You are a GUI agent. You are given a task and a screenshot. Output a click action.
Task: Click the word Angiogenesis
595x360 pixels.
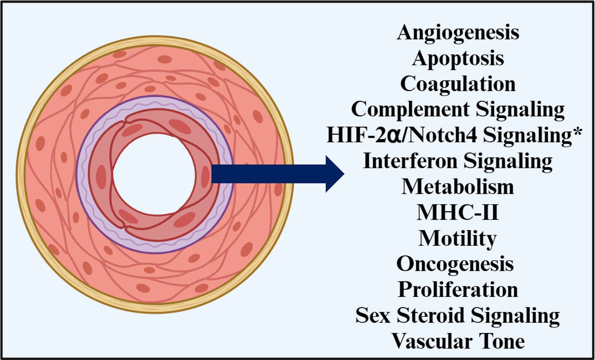coord(458,33)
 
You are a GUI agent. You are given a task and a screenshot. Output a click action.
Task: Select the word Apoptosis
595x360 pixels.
coord(458,59)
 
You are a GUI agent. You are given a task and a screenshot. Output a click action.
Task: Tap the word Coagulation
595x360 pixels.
coord(458,84)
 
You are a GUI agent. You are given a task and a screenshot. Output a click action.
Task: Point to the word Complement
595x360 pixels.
coord(410,109)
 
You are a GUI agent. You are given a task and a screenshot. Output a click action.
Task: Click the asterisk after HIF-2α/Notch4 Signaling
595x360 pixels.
coord(577,132)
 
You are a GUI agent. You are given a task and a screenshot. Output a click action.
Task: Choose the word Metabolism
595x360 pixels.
coord(458,187)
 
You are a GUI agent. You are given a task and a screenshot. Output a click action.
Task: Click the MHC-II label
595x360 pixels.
coord(458,213)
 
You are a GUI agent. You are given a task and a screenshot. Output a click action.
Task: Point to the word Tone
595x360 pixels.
coord(502,341)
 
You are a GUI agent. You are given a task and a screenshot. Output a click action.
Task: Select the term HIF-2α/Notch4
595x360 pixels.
coord(402,135)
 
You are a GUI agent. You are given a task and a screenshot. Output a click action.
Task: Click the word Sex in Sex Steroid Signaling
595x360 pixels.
coord(373,315)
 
